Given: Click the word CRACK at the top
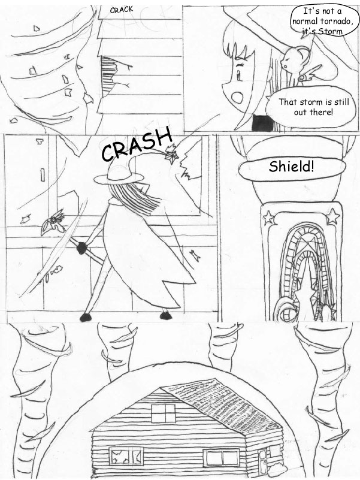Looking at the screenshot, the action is tap(122, 10).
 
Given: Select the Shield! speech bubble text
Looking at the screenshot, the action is tap(291, 167).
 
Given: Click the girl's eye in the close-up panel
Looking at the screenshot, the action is tap(239, 74).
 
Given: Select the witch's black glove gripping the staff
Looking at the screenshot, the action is tap(82, 247).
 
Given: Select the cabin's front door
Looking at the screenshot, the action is tap(262, 459).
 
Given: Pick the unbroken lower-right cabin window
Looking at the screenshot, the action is tap(223, 458).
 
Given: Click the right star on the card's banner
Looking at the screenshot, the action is tap(333, 216).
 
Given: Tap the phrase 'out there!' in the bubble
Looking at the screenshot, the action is tap(313, 112).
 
